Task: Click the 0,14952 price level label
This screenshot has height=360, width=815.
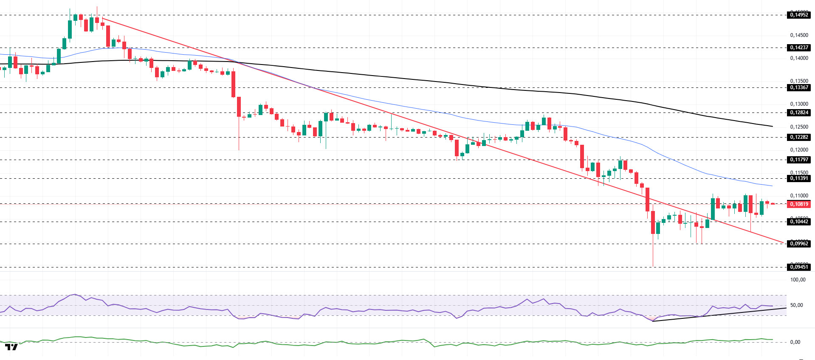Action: (798, 15)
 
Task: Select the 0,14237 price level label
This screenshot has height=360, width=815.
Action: (798, 48)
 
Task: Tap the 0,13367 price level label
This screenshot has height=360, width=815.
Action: (798, 87)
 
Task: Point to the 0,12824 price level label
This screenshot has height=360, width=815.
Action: (798, 112)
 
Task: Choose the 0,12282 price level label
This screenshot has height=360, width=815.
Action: (798, 137)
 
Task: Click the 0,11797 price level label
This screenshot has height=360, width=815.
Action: (798, 160)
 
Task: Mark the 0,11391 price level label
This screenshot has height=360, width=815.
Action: (798, 178)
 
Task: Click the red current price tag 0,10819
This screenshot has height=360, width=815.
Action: (798, 204)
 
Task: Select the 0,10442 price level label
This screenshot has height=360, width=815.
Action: (798, 222)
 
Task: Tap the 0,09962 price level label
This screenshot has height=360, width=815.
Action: (798, 244)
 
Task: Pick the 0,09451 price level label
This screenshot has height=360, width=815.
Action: (798, 267)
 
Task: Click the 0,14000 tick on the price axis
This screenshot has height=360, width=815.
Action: (799, 58)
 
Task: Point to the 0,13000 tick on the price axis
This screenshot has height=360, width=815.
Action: (799, 104)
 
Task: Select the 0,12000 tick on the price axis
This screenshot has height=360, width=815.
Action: (799, 150)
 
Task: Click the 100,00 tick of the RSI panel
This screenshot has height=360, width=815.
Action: (798, 280)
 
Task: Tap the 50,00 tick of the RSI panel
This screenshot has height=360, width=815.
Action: (796, 305)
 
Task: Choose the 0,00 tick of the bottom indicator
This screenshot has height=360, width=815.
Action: (795, 342)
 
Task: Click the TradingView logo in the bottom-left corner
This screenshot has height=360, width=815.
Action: (11, 347)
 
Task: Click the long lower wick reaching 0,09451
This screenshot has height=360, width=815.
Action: (653, 253)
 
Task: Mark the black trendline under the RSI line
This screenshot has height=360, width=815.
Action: (722, 314)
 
